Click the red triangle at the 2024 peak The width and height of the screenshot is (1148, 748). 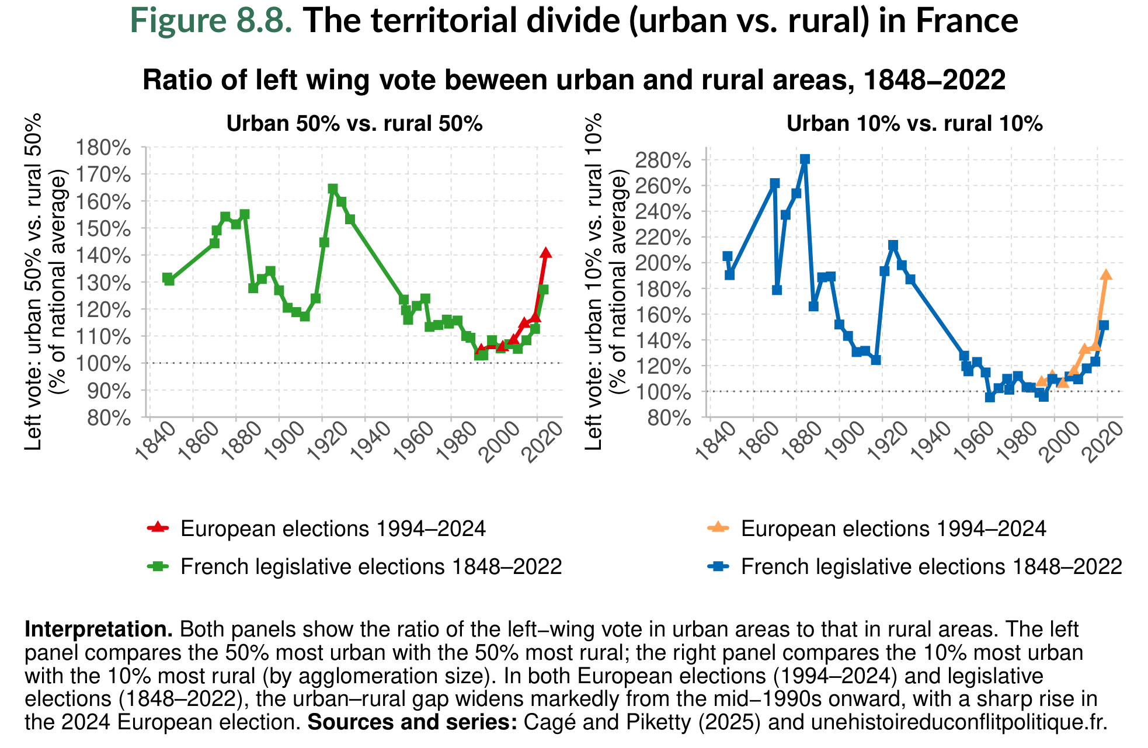coord(546,253)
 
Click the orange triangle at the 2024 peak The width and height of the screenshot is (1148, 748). coord(1105,274)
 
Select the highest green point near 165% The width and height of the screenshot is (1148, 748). coord(333,189)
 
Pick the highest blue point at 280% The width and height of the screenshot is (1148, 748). coord(805,159)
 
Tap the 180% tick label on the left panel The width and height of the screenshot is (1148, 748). coord(103,148)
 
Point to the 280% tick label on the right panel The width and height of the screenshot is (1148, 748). coord(663,160)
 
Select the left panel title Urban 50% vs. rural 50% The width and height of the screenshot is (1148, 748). coord(354,124)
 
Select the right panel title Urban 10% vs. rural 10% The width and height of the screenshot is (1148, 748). coord(914,124)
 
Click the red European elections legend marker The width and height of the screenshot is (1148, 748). coord(158,528)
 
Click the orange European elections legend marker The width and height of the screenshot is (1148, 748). coord(718,528)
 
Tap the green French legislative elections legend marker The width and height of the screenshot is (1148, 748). coord(158,566)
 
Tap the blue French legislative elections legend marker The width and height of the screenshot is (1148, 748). coord(718,566)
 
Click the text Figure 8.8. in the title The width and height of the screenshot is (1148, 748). coord(211,20)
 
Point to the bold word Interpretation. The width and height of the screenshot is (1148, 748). coord(98,630)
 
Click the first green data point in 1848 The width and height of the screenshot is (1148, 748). coord(167,278)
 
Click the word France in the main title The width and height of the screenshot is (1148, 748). coord(966,20)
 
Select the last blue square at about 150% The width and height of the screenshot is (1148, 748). coord(1104,325)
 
